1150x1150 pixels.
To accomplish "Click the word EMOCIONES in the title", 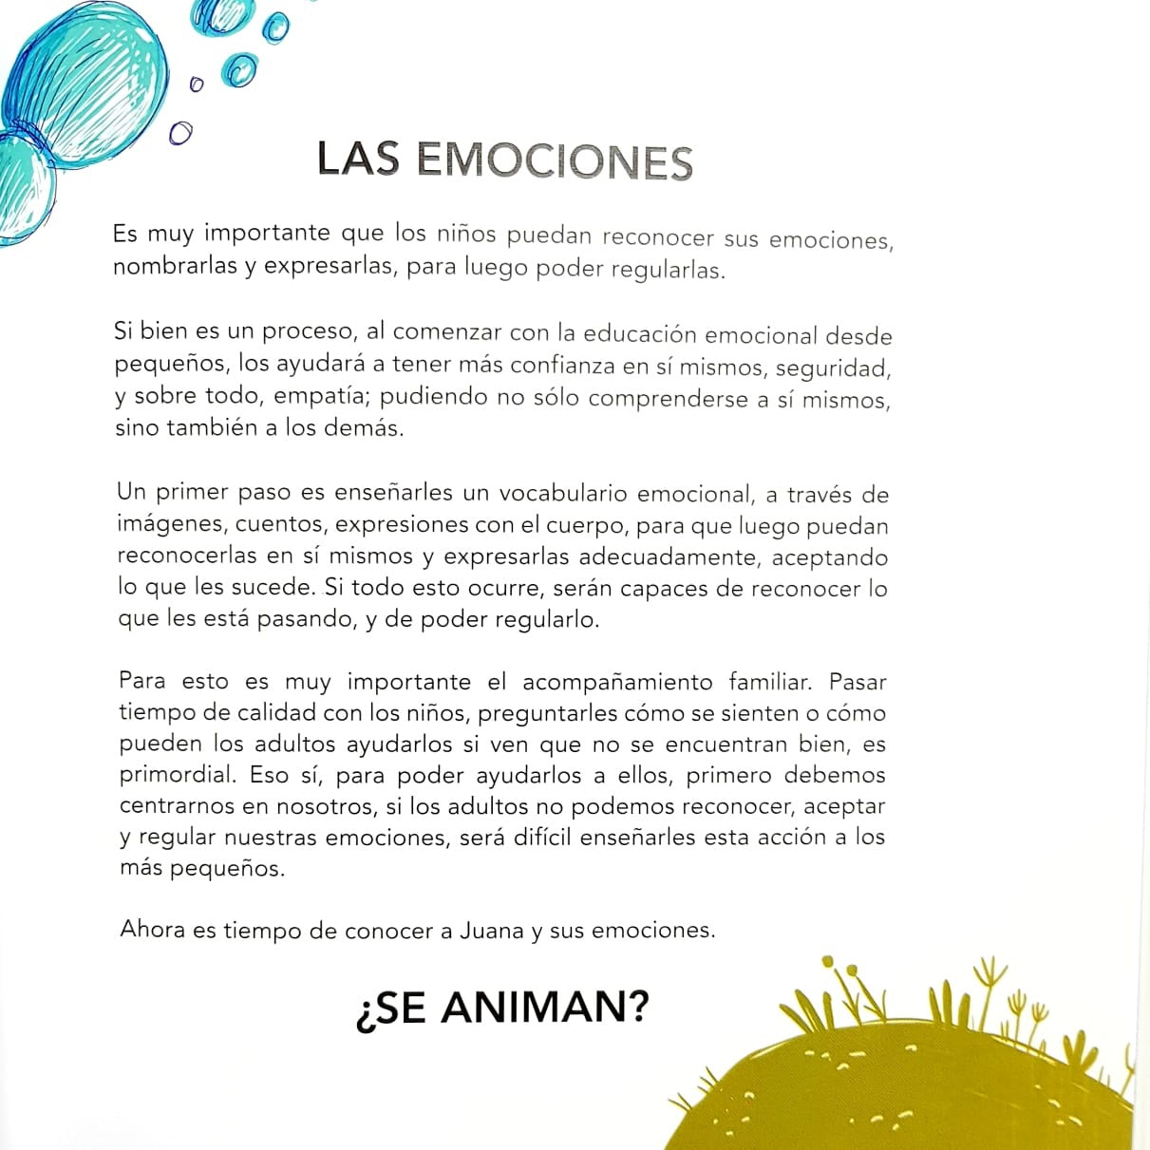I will pos(555,160).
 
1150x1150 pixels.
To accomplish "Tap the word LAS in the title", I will pos(358,159).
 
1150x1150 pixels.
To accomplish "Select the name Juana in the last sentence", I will pos(491,930).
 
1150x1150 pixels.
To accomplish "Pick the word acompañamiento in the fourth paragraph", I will pos(617,682).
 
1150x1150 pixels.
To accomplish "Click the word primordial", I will pos(178,775).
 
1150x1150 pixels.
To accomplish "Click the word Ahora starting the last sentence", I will pos(152,930).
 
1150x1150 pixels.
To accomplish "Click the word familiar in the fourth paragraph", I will pos(769,682).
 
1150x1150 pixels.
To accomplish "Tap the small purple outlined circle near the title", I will pos(180,133).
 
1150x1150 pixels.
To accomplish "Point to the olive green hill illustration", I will pos(902,1083).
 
